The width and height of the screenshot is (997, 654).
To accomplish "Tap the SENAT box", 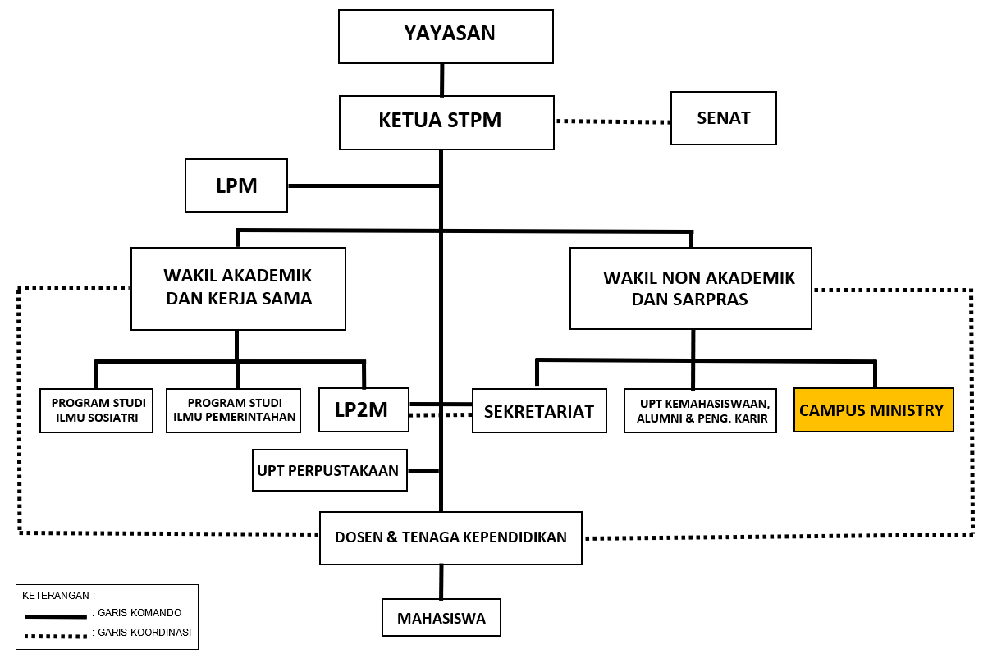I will (x=723, y=118).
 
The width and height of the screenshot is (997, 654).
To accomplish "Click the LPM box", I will (x=236, y=185).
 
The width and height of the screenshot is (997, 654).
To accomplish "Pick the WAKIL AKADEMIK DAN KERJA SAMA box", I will (x=238, y=288).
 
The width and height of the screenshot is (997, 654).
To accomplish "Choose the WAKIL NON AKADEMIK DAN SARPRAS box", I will (x=690, y=288).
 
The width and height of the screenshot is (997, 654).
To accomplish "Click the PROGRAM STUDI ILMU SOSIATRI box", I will (x=97, y=410).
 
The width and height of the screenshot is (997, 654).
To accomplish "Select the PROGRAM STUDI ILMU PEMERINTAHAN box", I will (x=233, y=410).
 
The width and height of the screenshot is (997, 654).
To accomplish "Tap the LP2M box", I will (x=362, y=409).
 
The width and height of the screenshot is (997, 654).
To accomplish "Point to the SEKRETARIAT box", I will (x=538, y=411).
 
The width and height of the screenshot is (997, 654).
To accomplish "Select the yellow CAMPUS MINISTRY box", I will (x=873, y=409).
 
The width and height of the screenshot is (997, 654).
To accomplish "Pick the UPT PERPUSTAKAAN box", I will (x=329, y=470).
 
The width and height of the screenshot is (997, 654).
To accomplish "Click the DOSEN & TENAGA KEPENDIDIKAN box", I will (x=450, y=538).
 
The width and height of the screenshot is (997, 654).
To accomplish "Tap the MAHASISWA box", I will (x=441, y=618).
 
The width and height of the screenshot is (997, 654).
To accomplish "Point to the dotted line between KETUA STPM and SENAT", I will (x=613, y=121).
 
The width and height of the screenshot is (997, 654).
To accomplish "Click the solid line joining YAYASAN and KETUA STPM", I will (x=442, y=80).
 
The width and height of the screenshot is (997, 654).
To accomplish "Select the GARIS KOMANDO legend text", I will (x=138, y=613).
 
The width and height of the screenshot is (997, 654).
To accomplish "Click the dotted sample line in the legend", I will (x=55, y=634).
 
